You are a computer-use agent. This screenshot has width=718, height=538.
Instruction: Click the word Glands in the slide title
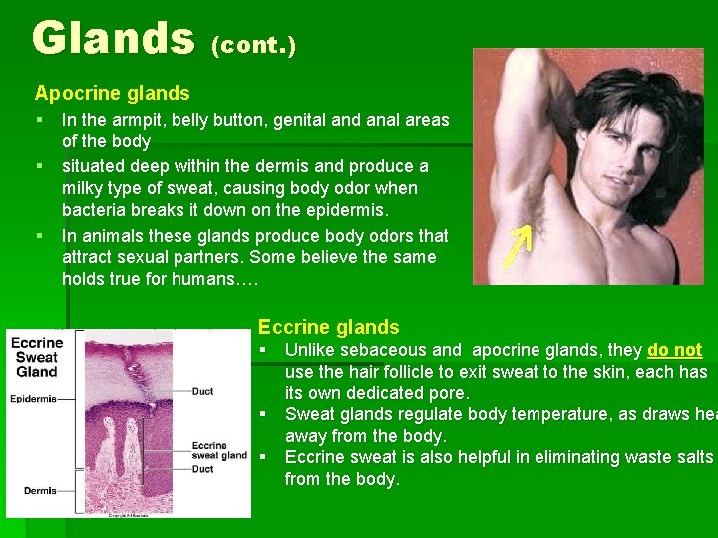point(113,38)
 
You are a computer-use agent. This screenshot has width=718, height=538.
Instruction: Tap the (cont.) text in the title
point(254,46)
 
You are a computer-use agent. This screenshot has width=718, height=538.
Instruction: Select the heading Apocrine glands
point(112,94)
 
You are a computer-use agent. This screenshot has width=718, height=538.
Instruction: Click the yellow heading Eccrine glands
point(328,327)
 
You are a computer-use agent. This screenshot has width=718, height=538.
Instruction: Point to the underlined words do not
point(675,350)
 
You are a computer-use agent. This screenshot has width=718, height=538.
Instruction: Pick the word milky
point(83,188)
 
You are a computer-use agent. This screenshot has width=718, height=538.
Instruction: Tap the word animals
point(114,236)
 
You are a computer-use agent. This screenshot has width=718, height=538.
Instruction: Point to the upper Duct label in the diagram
point(202,392)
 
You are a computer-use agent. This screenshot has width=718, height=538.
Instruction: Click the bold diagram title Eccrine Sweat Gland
point(37,358)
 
